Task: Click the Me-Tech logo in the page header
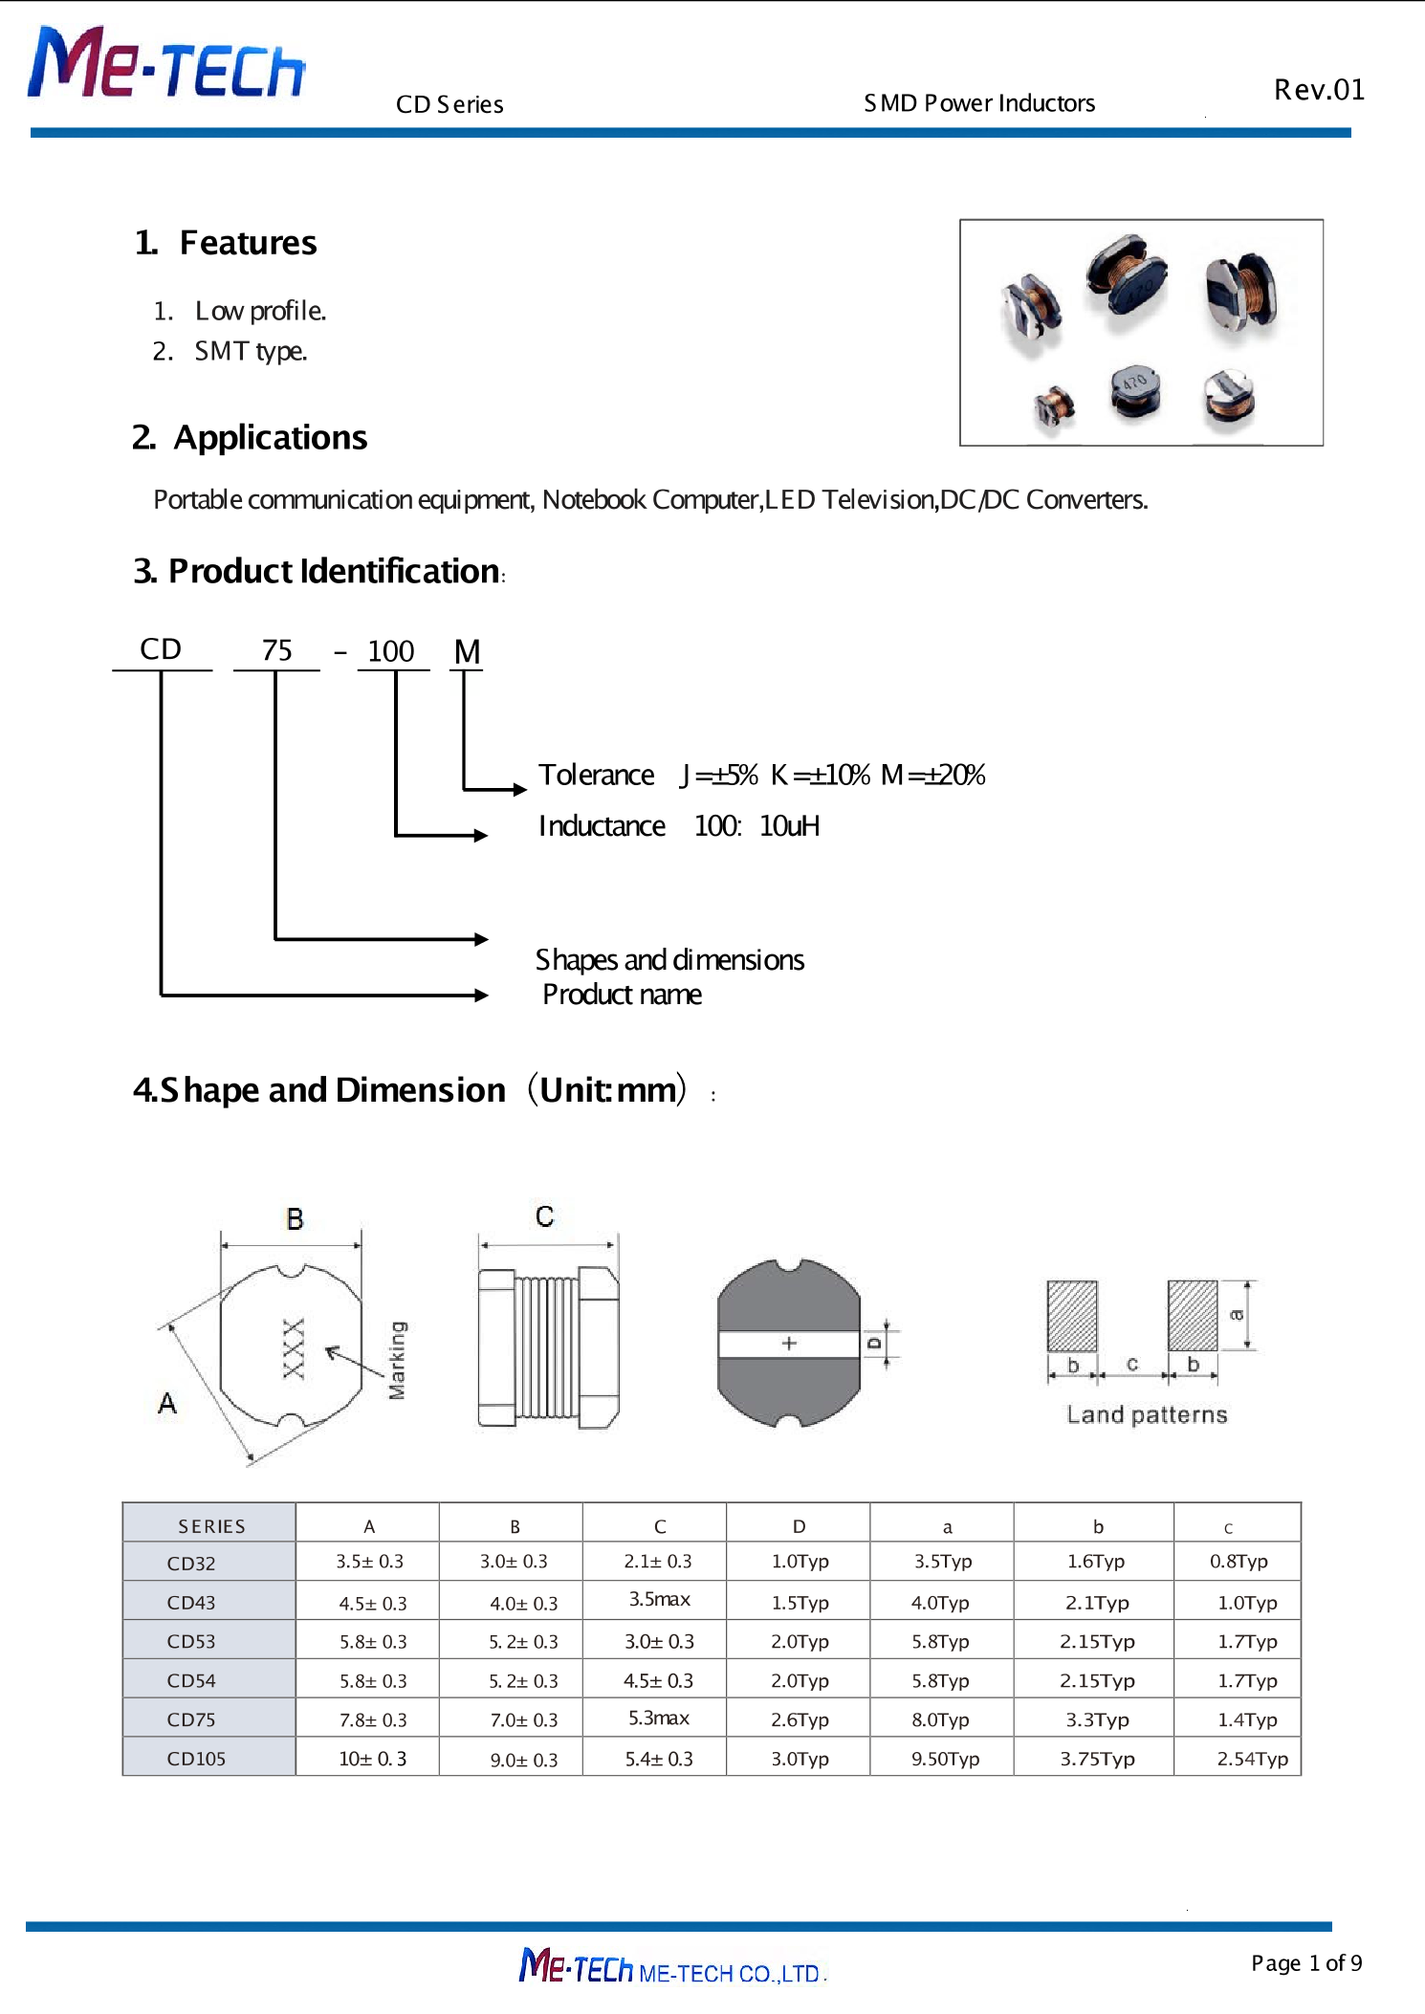click(x=166, y=64)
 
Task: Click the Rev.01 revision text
click(x=1318, y=90)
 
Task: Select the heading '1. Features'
click(x=227, y=243)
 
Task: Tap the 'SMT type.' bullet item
click(x=250, y=351)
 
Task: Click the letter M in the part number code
click(x=467, y=651)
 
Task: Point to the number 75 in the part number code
click(x=276, y=650)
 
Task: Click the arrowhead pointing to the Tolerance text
click(x=519, y=790)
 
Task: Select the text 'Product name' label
click(x=622, y=995)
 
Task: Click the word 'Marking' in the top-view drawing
click(x=397, y=1360)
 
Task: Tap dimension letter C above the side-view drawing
click(x=544, y=1216)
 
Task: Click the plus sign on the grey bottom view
click(x=789, y=1344)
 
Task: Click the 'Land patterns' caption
click(x=1146, y=1414)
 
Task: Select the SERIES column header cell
click(x=211, y=1526)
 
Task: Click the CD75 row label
click(x=191, y=1719)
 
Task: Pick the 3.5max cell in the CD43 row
click(x=659, y=1599)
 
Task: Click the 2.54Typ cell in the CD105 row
click(x=1251, y=1759)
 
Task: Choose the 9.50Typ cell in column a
click(x=945, y=1759)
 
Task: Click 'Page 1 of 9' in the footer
click(x=1305, y=1963)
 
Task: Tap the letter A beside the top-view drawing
click(x=167, y=1403)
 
